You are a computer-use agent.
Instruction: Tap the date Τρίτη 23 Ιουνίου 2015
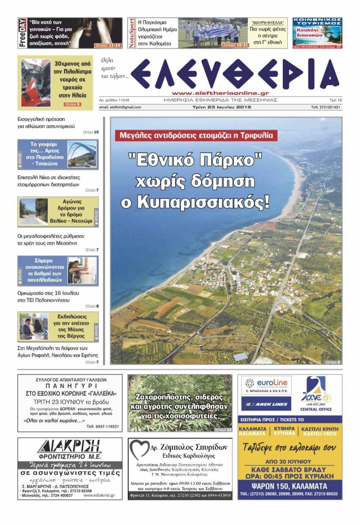(x=220, y=107)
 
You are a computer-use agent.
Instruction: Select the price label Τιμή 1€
(x=335, y=100)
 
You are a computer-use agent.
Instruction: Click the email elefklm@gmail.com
(x=120, y=107)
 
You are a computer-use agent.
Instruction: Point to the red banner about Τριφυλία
(x=197, y=136)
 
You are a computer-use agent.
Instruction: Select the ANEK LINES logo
(x=266, y=404)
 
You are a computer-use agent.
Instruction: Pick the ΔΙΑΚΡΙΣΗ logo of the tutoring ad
(x=70, y=446)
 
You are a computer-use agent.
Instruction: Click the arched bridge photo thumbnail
(x=82, y=154)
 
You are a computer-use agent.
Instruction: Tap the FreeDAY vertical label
(x=22, y=33)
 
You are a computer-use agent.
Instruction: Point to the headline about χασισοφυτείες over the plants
(x=180, y=406)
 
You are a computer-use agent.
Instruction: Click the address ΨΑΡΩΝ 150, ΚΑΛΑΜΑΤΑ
(x=290, y=486)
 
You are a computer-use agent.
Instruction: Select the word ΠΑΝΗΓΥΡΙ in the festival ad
(x=70, y=386)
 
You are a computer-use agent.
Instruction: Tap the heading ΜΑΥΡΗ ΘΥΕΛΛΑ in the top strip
(x=268, y=23)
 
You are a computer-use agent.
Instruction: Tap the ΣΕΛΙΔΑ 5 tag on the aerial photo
(x=332, y=362)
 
